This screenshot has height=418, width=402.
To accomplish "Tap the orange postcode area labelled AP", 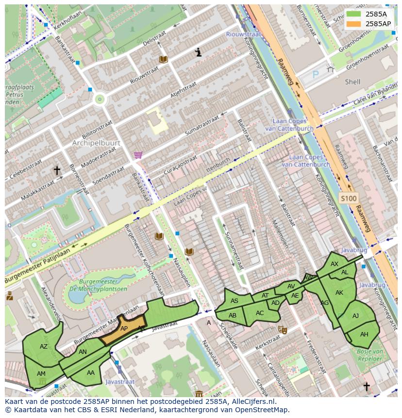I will point(124,329).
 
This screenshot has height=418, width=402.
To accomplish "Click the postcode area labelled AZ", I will point(43,347).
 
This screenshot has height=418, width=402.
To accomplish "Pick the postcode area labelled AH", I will point(364,334).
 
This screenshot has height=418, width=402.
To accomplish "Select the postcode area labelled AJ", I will point(355,316).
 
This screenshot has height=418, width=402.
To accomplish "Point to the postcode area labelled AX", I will point(334,264).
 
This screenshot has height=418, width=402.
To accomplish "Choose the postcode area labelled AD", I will point(275,303).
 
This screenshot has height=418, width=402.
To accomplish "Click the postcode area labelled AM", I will point(41,373).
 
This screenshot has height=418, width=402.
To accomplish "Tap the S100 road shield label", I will point(348,198).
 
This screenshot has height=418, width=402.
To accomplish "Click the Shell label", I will point(352,82).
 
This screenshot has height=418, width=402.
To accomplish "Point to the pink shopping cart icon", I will point(138,155).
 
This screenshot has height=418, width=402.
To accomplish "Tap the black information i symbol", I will point(198,52).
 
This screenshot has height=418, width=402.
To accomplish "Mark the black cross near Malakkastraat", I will point(57,170).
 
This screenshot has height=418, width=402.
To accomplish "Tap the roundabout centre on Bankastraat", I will point(100,100).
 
